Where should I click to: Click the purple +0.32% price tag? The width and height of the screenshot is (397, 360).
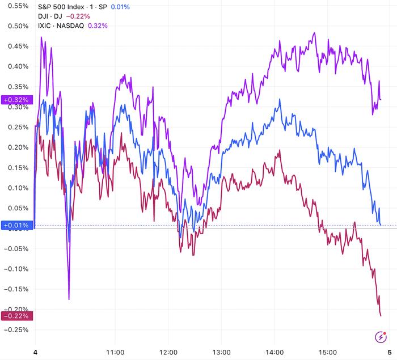point(16,100)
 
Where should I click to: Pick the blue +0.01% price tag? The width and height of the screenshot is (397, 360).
point(16,225)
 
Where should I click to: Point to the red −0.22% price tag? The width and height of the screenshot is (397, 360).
point(16,316)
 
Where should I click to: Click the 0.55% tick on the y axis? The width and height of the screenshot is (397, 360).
point(16,6)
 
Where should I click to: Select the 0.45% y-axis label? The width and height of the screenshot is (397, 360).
point(16,46)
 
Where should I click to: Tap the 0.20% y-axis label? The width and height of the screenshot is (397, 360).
point(16,147)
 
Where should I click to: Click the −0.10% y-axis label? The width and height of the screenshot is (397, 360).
point(15,268)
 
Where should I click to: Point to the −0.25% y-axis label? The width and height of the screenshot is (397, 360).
point(15,329)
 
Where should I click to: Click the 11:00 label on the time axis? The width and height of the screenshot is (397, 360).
point(115,351)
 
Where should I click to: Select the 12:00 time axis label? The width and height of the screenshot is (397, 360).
point(169,351)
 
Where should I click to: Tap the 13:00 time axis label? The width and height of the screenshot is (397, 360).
point(221,351)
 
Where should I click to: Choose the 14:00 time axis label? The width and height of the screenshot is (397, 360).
point(274,351)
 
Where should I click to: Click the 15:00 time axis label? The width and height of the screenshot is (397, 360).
point(328,351)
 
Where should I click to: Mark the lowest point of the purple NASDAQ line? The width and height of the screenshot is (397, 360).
point(69,299)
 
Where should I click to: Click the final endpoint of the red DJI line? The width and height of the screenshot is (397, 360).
point(381,315)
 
